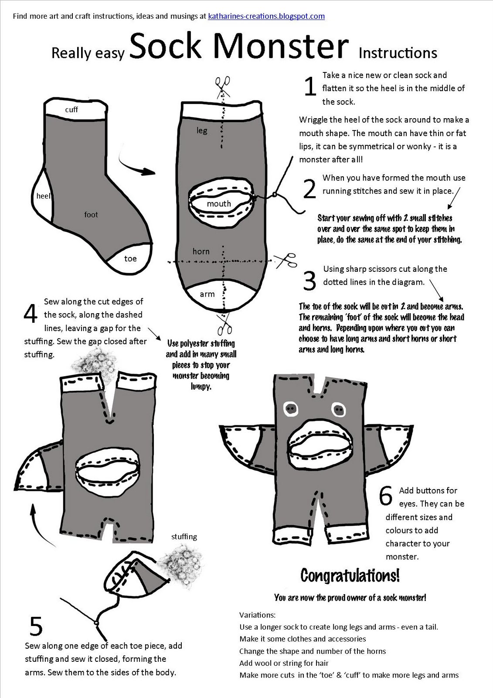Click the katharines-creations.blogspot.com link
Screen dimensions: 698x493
pos(266,17)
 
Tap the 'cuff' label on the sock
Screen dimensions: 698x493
pos(71,109)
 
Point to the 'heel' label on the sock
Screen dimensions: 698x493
pos(44,196)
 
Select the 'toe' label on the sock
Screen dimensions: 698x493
pos(130,259)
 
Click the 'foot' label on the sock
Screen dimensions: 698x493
pos(91,215)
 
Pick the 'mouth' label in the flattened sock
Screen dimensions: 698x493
pos(219,204)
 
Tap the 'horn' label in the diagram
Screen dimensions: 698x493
pos(201,251)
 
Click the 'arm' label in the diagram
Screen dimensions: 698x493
pos(207,294)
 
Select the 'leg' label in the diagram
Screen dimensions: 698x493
pos(202,130)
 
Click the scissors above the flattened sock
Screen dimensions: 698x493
pos(223,85)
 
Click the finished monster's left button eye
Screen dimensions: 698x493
pos(290,409)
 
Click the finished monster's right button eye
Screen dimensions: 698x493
pos(338,409)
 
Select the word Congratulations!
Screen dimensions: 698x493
pos(350,575)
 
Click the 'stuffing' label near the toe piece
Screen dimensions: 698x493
pos(184,537)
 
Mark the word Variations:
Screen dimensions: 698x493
pos(258,615)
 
